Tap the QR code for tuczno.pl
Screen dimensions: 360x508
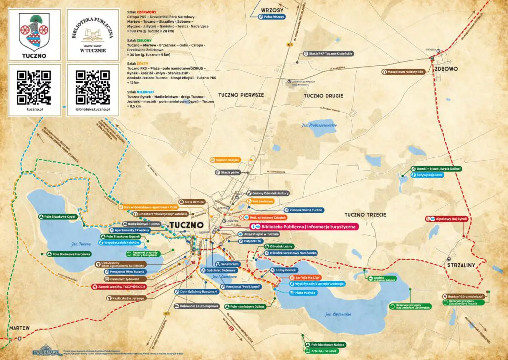[34, 87]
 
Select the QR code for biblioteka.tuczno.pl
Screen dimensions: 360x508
[93, 87]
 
